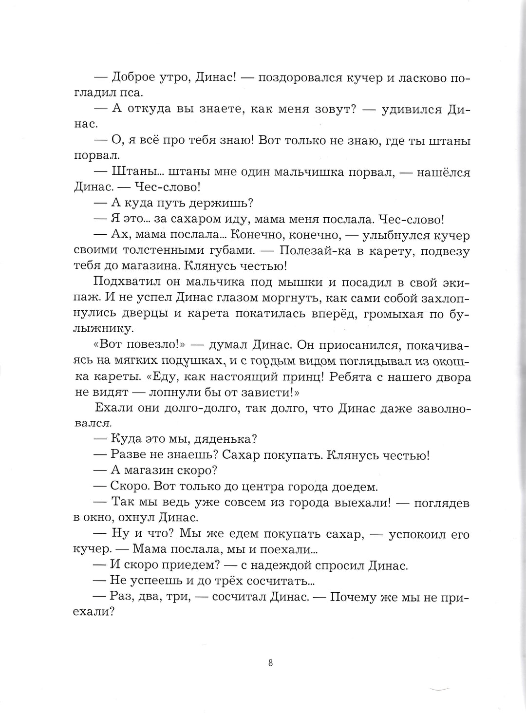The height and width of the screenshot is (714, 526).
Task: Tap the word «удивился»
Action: tap(411, 110)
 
